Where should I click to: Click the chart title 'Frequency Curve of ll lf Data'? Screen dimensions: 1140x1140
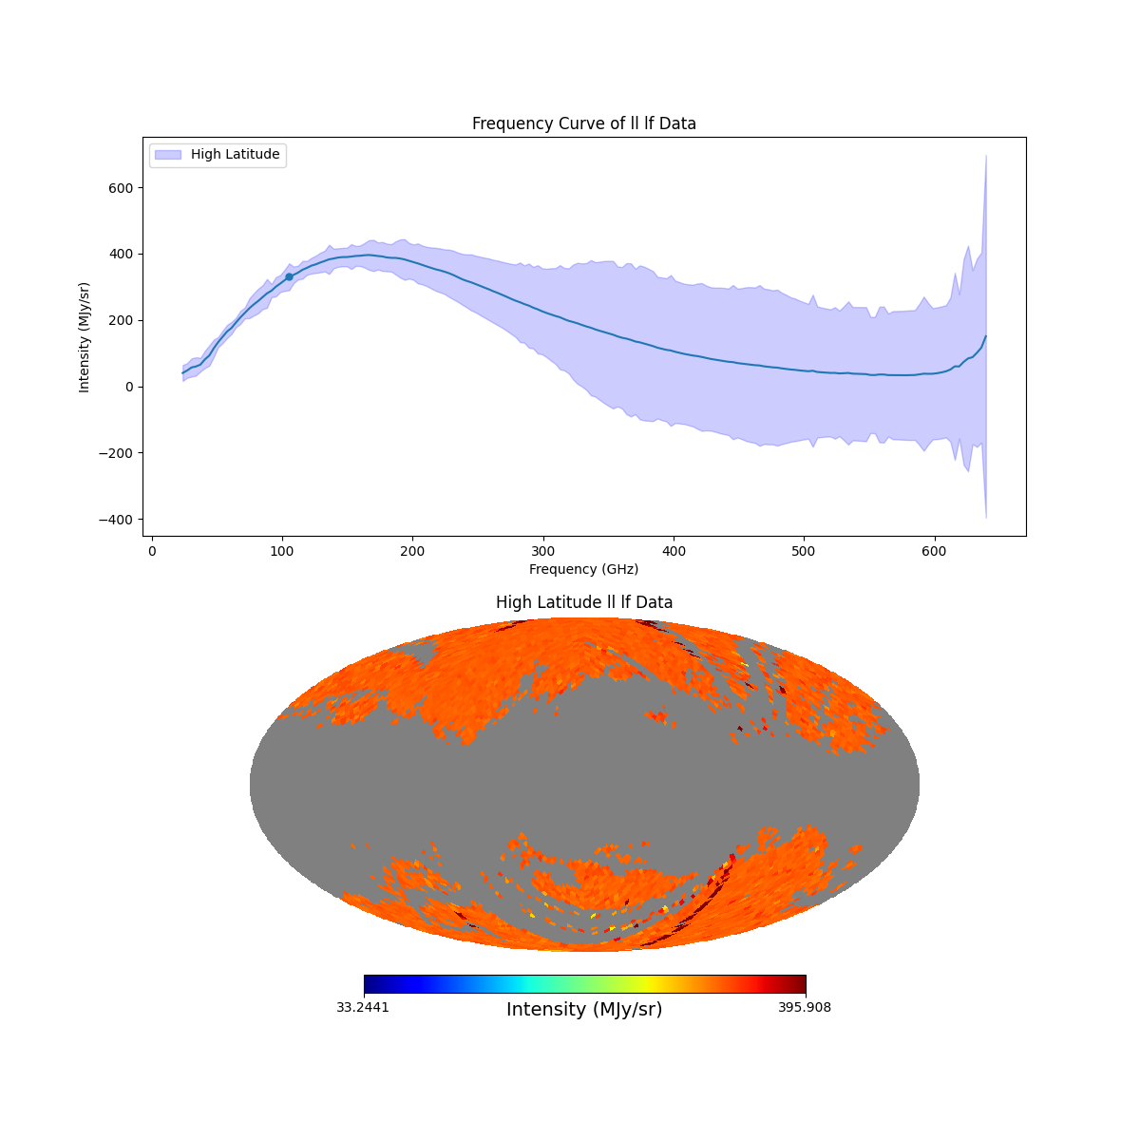[583, 123]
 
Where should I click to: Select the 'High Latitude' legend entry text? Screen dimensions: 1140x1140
[235, 154]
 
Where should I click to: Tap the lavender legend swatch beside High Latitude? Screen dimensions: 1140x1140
[167, 154]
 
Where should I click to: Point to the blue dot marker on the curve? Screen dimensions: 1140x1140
[289, 276]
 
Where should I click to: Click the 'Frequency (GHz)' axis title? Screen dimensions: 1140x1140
[583, 569]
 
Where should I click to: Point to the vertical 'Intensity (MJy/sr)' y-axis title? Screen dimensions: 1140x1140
[85, 337]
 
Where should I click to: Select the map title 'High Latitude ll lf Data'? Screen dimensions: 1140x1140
[583, 602]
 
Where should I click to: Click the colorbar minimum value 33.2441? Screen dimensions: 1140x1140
[362, 1008]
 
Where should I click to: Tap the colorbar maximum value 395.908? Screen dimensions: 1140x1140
[805, 1008]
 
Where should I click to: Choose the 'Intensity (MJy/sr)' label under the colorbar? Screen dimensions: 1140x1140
[583, 1010]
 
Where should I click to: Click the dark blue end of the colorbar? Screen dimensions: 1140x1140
[369, 984]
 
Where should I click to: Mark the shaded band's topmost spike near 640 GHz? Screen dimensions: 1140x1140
[986, 156]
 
